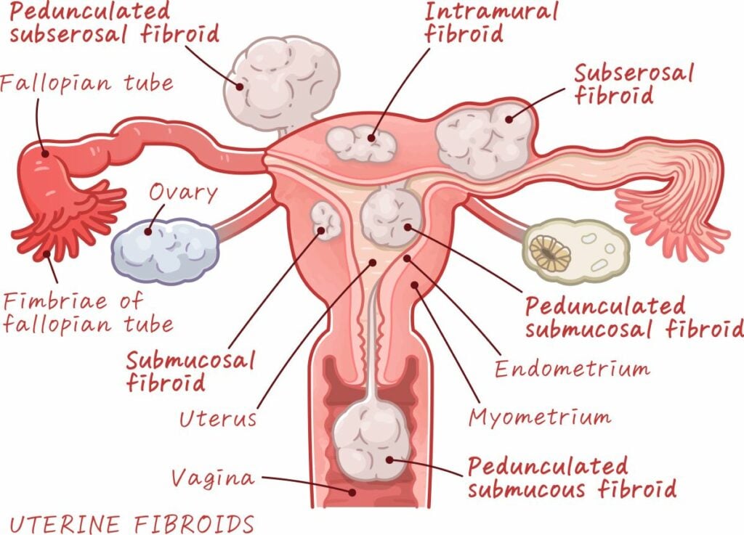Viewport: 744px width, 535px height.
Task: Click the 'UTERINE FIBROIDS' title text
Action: click(x=132, y=523)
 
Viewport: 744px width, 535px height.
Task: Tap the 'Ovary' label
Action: click(x=183, y=193)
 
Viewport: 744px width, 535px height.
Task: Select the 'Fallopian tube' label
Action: click(x=86, y=82)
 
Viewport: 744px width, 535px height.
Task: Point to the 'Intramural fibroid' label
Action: click(x=491, y=23)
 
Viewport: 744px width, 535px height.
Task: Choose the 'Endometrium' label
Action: click(x=572, y=369)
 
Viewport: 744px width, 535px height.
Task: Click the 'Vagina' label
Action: click(x=214, y=478)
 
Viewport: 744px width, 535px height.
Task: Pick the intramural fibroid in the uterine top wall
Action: click(x=360, y=144)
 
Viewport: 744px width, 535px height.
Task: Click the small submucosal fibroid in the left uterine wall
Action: click(x=326, y=221)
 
